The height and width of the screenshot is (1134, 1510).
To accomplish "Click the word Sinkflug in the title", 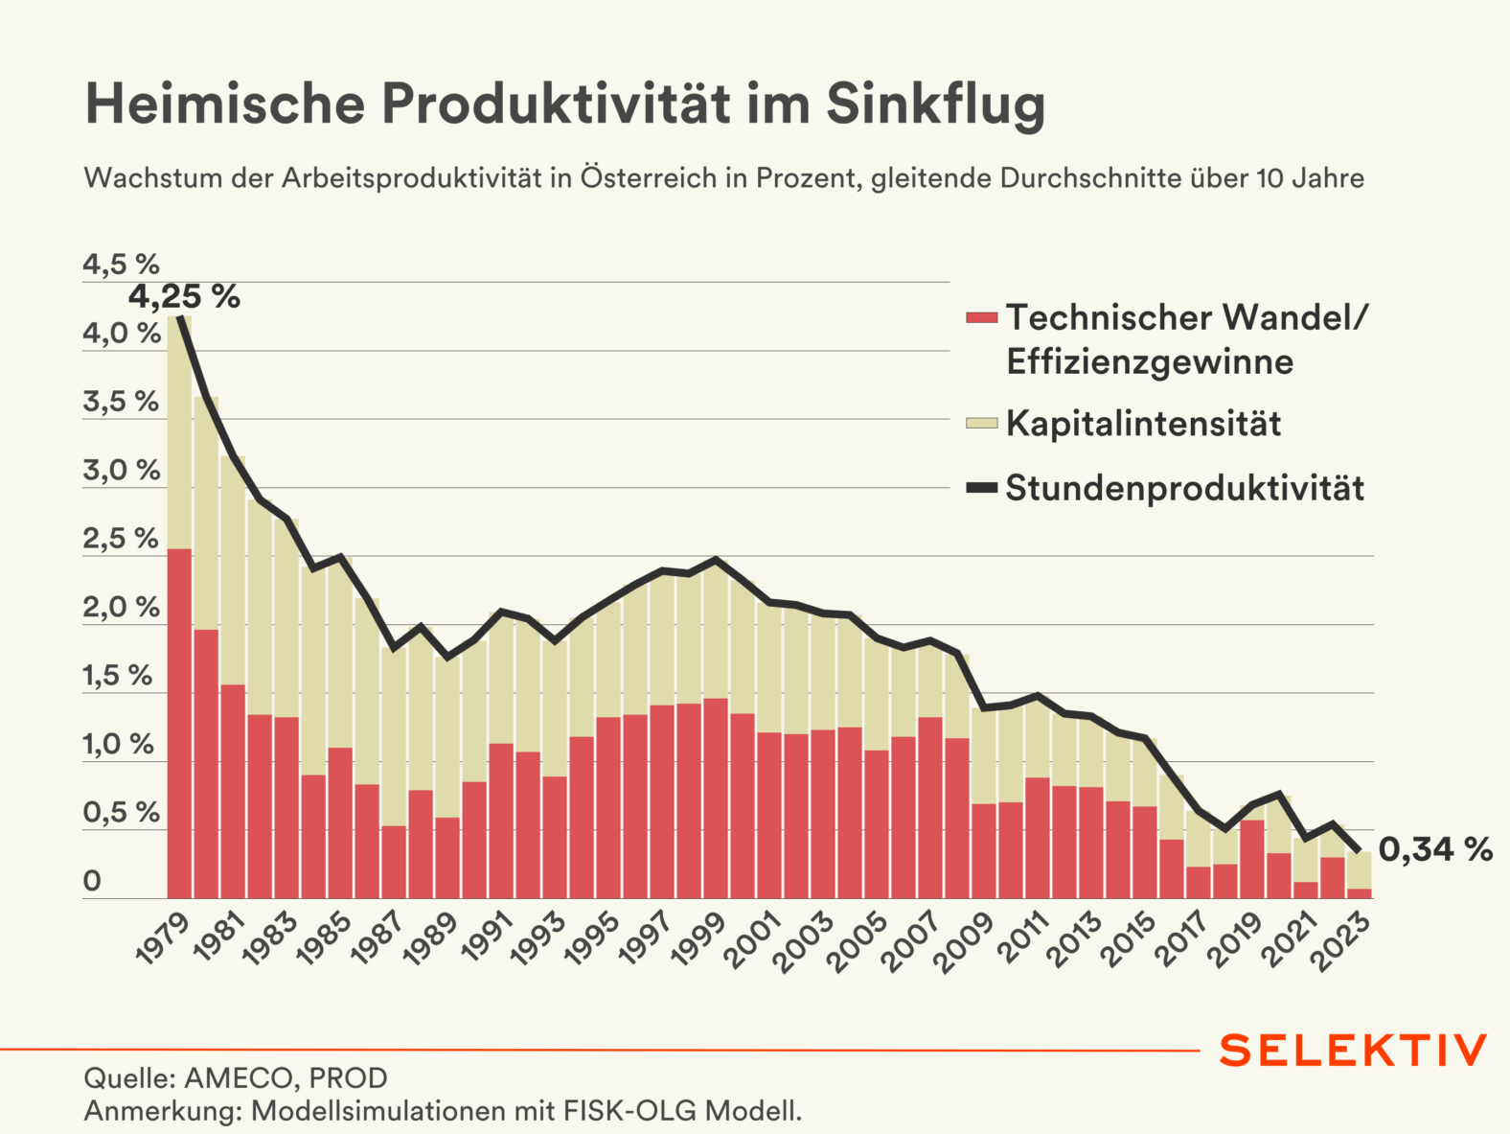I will tap(935, 104).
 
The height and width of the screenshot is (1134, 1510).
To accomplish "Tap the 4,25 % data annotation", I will tap(184, 297).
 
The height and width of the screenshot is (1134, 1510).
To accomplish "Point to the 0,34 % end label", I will tap(1435, 849).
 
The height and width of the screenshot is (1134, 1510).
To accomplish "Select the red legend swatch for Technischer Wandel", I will tap(982, 317).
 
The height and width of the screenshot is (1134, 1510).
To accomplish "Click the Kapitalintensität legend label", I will tap(1143, 424).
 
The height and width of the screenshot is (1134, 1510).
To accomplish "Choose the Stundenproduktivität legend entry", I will tap(1184, 488).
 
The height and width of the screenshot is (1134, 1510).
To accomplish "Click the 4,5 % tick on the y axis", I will tap(121, 265).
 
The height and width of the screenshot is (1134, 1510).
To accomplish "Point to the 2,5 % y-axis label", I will tap(121, 539).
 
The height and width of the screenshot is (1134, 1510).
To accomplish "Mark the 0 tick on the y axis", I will tap(92, 881).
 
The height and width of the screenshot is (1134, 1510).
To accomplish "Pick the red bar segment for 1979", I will tap(180, 724).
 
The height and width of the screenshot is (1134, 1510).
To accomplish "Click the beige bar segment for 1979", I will tap(180, 431).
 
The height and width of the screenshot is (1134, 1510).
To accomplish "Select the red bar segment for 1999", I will tap(716, 798).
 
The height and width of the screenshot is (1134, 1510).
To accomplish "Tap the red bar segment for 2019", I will tap(1252, 859).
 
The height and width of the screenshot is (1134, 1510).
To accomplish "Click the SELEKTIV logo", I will tap(1353, 1051).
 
